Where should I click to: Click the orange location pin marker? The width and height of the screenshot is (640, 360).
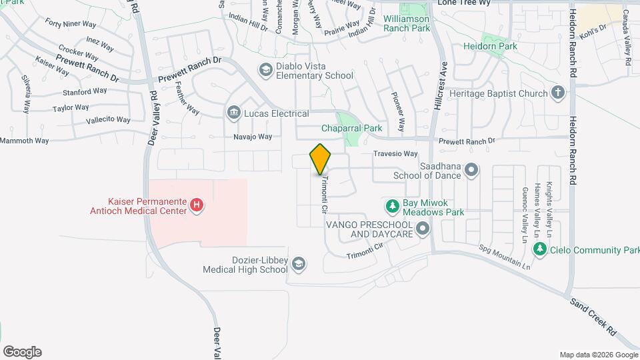coord(320,159)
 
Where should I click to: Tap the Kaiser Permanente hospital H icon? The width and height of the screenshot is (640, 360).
coord(197,205)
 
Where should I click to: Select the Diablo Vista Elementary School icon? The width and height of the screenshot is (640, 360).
coord(265,69)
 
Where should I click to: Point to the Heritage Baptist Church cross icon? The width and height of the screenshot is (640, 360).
coord(559,93)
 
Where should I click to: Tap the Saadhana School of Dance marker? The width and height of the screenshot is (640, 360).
coord(471,169)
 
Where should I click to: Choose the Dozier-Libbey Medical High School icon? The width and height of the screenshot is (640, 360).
coord(299,264)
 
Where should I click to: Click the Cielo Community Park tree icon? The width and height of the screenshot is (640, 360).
coord(540,250)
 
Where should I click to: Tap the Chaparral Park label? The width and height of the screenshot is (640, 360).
coord(351,127)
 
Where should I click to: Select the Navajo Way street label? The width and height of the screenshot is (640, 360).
coord(253,137)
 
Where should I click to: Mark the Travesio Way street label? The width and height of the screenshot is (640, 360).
coord(400,153)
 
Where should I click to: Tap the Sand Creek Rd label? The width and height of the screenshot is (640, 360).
coord(594,316)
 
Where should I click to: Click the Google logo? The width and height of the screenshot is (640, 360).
coord(22,351)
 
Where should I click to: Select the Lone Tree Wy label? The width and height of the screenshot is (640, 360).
coord(465,3)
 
